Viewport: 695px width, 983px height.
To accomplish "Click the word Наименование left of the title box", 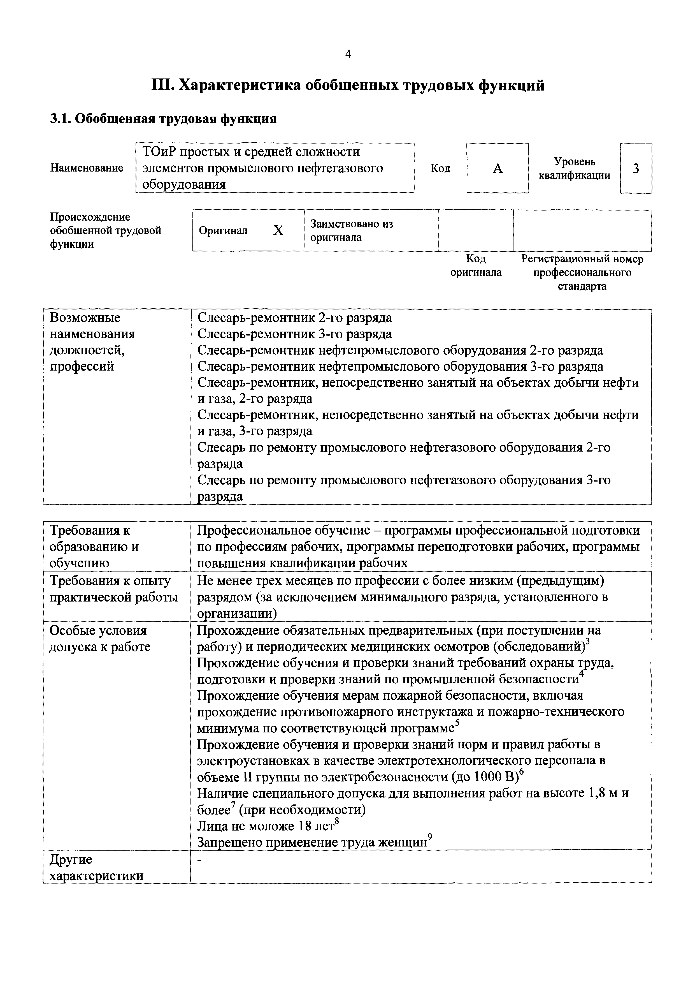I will point(87,168).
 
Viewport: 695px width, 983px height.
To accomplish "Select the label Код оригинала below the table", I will point(476,265).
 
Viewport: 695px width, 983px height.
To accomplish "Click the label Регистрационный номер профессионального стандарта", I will point(582,272).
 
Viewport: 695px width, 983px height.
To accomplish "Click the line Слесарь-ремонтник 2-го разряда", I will point(294,318).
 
